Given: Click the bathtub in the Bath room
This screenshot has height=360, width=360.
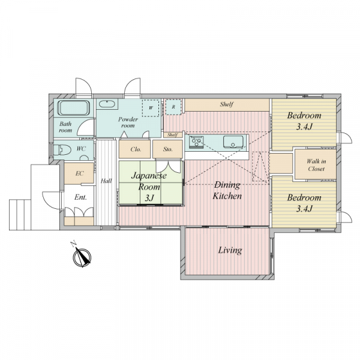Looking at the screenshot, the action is click(73, 108).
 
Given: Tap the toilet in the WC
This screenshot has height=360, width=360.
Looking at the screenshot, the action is click(62, 149).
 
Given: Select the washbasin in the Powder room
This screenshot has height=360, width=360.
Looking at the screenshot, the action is click(107, 104).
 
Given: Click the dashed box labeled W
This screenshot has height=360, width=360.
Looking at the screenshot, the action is click(151, 108).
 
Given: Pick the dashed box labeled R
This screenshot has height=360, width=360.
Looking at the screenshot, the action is click(174, 107).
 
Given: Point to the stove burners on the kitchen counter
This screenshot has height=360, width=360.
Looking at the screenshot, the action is click(196, 142).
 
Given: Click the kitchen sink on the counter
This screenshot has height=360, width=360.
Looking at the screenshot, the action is click(233, 142).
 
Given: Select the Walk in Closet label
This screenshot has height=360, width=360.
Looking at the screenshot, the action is click(316, 165).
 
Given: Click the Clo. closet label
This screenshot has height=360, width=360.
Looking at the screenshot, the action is click(136, 149).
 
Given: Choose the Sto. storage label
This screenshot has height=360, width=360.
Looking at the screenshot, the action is click(168, 149).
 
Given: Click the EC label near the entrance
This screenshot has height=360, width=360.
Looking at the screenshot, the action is click(79, 173).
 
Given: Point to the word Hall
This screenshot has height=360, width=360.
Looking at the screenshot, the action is click(106, 181).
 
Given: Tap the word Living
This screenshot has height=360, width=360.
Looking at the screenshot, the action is click(230, 250).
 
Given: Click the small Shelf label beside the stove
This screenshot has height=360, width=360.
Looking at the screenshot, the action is click(172, 135).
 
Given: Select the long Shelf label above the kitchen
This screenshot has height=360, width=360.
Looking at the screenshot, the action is click(227, 104).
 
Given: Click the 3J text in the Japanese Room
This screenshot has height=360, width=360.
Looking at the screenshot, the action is click(149, 197).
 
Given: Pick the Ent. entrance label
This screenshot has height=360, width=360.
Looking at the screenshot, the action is click(80, 197).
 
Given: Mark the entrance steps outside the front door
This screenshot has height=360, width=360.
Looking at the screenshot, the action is click(20, 215).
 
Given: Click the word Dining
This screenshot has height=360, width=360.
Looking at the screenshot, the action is click(227, 185).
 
